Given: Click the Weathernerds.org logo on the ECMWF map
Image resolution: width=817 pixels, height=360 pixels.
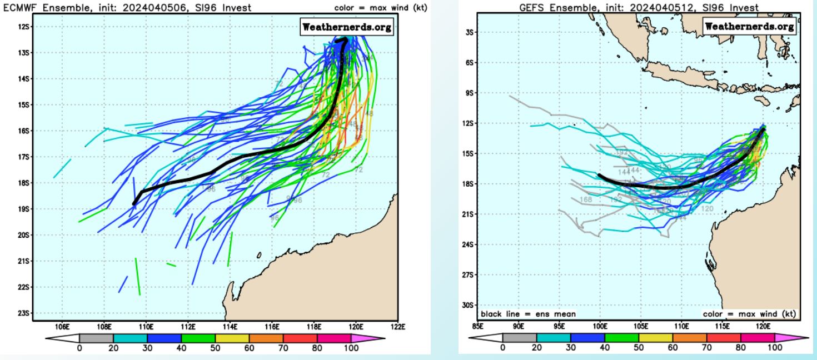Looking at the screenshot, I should [346, 27].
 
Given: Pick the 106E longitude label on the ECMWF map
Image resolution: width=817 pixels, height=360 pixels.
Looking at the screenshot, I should [63, 326].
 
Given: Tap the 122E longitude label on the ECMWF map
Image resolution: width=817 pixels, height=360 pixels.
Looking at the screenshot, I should [397, 326].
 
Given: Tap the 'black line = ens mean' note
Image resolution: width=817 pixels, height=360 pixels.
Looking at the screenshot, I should [529, 314].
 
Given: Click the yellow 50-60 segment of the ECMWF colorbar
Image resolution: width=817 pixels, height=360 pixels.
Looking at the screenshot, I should [232, 338].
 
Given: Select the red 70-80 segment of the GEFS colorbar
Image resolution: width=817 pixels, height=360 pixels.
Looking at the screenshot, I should [724, 338].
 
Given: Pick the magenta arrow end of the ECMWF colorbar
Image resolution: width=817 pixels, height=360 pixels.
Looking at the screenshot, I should [376, 338].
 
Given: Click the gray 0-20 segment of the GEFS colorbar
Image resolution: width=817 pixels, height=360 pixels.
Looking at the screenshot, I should [520, 338].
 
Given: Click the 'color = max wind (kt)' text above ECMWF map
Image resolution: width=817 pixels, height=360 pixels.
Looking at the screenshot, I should [380, 8].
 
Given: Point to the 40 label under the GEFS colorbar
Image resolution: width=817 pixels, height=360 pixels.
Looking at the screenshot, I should [605, 348].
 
